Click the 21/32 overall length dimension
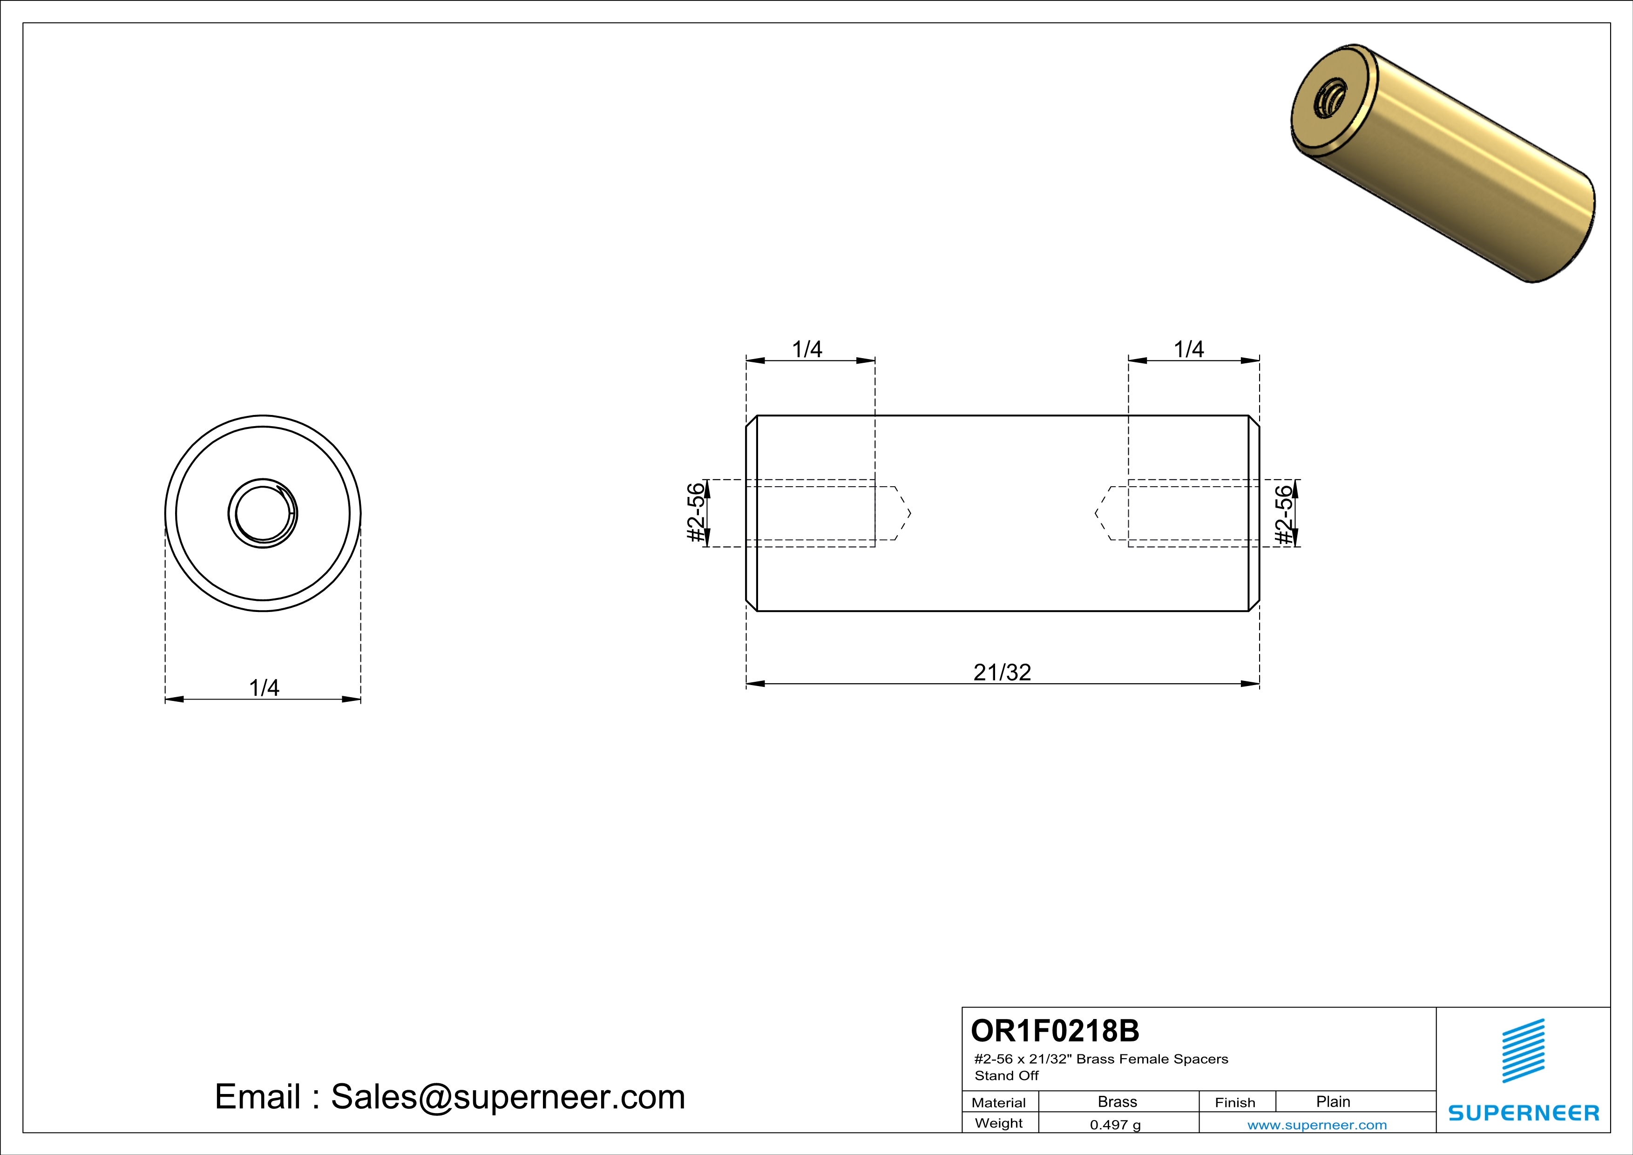1002,672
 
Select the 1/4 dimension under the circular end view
264,688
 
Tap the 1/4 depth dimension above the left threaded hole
807,349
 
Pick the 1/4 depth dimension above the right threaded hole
1188,349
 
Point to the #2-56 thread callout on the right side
1283,514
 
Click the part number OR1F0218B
1055,1031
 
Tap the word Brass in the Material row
1118,1101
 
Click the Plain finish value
1333,1101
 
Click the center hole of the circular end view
263,513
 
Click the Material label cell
999,1102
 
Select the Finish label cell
1235,1102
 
